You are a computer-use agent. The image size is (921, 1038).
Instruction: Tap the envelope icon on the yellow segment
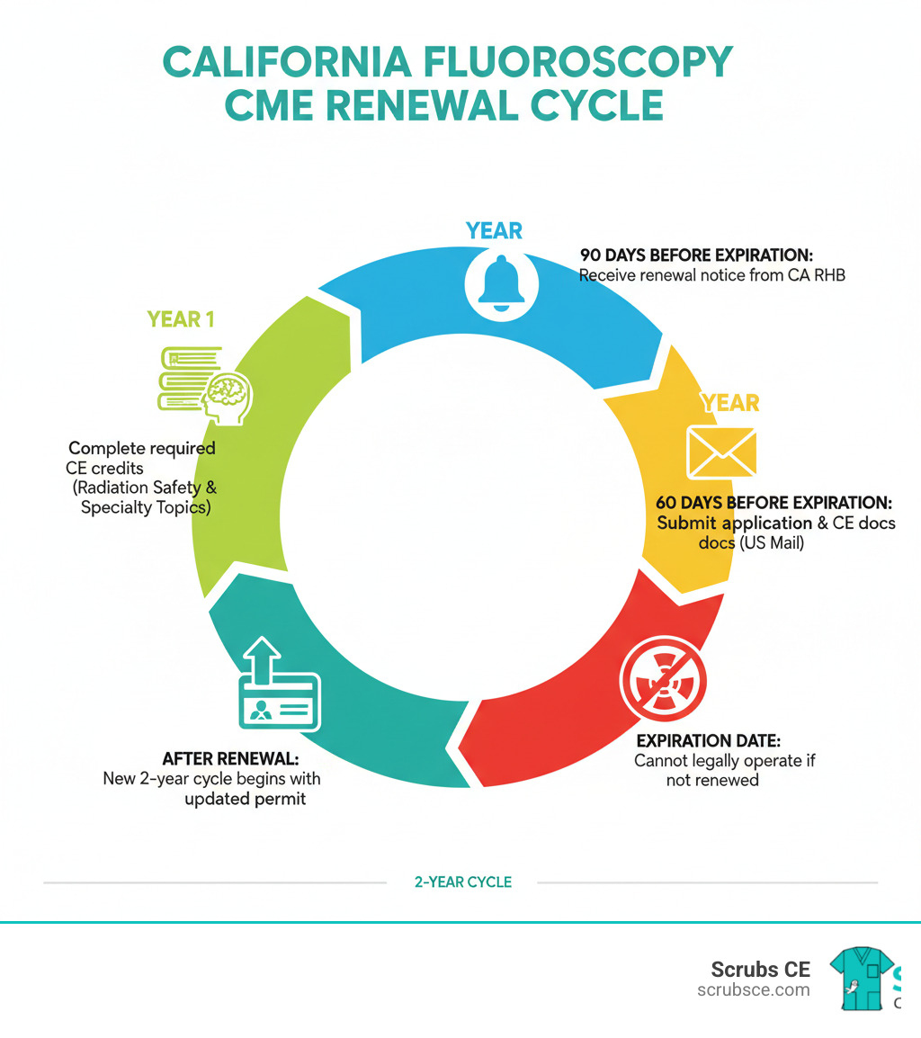click(721, 452)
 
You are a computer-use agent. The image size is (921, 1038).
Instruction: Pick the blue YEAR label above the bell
click(494, 231)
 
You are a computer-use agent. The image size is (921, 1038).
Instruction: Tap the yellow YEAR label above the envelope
click(729, 402)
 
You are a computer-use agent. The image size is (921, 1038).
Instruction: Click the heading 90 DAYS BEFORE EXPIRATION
click(696, 255)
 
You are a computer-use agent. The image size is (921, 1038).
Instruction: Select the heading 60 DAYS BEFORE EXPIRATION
click(775, 502)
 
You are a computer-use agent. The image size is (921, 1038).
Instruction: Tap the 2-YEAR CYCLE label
click(462, 882)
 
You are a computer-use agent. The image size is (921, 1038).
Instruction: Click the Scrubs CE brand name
click(760, 969)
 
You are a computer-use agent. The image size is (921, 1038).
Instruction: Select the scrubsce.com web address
click(753, 989)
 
